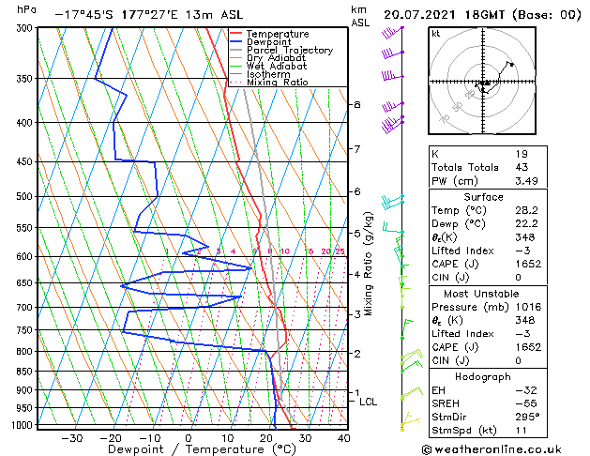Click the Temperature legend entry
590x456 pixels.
click(x=277, y=34)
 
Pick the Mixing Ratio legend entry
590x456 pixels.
click(x=277, y=83)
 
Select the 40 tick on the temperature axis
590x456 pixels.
click(x=344, y=437)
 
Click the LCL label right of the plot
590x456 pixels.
click(x=369, y=402)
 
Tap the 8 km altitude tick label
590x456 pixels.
click(x=356, y=104)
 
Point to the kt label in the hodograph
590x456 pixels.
click(x=435, y=34)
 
